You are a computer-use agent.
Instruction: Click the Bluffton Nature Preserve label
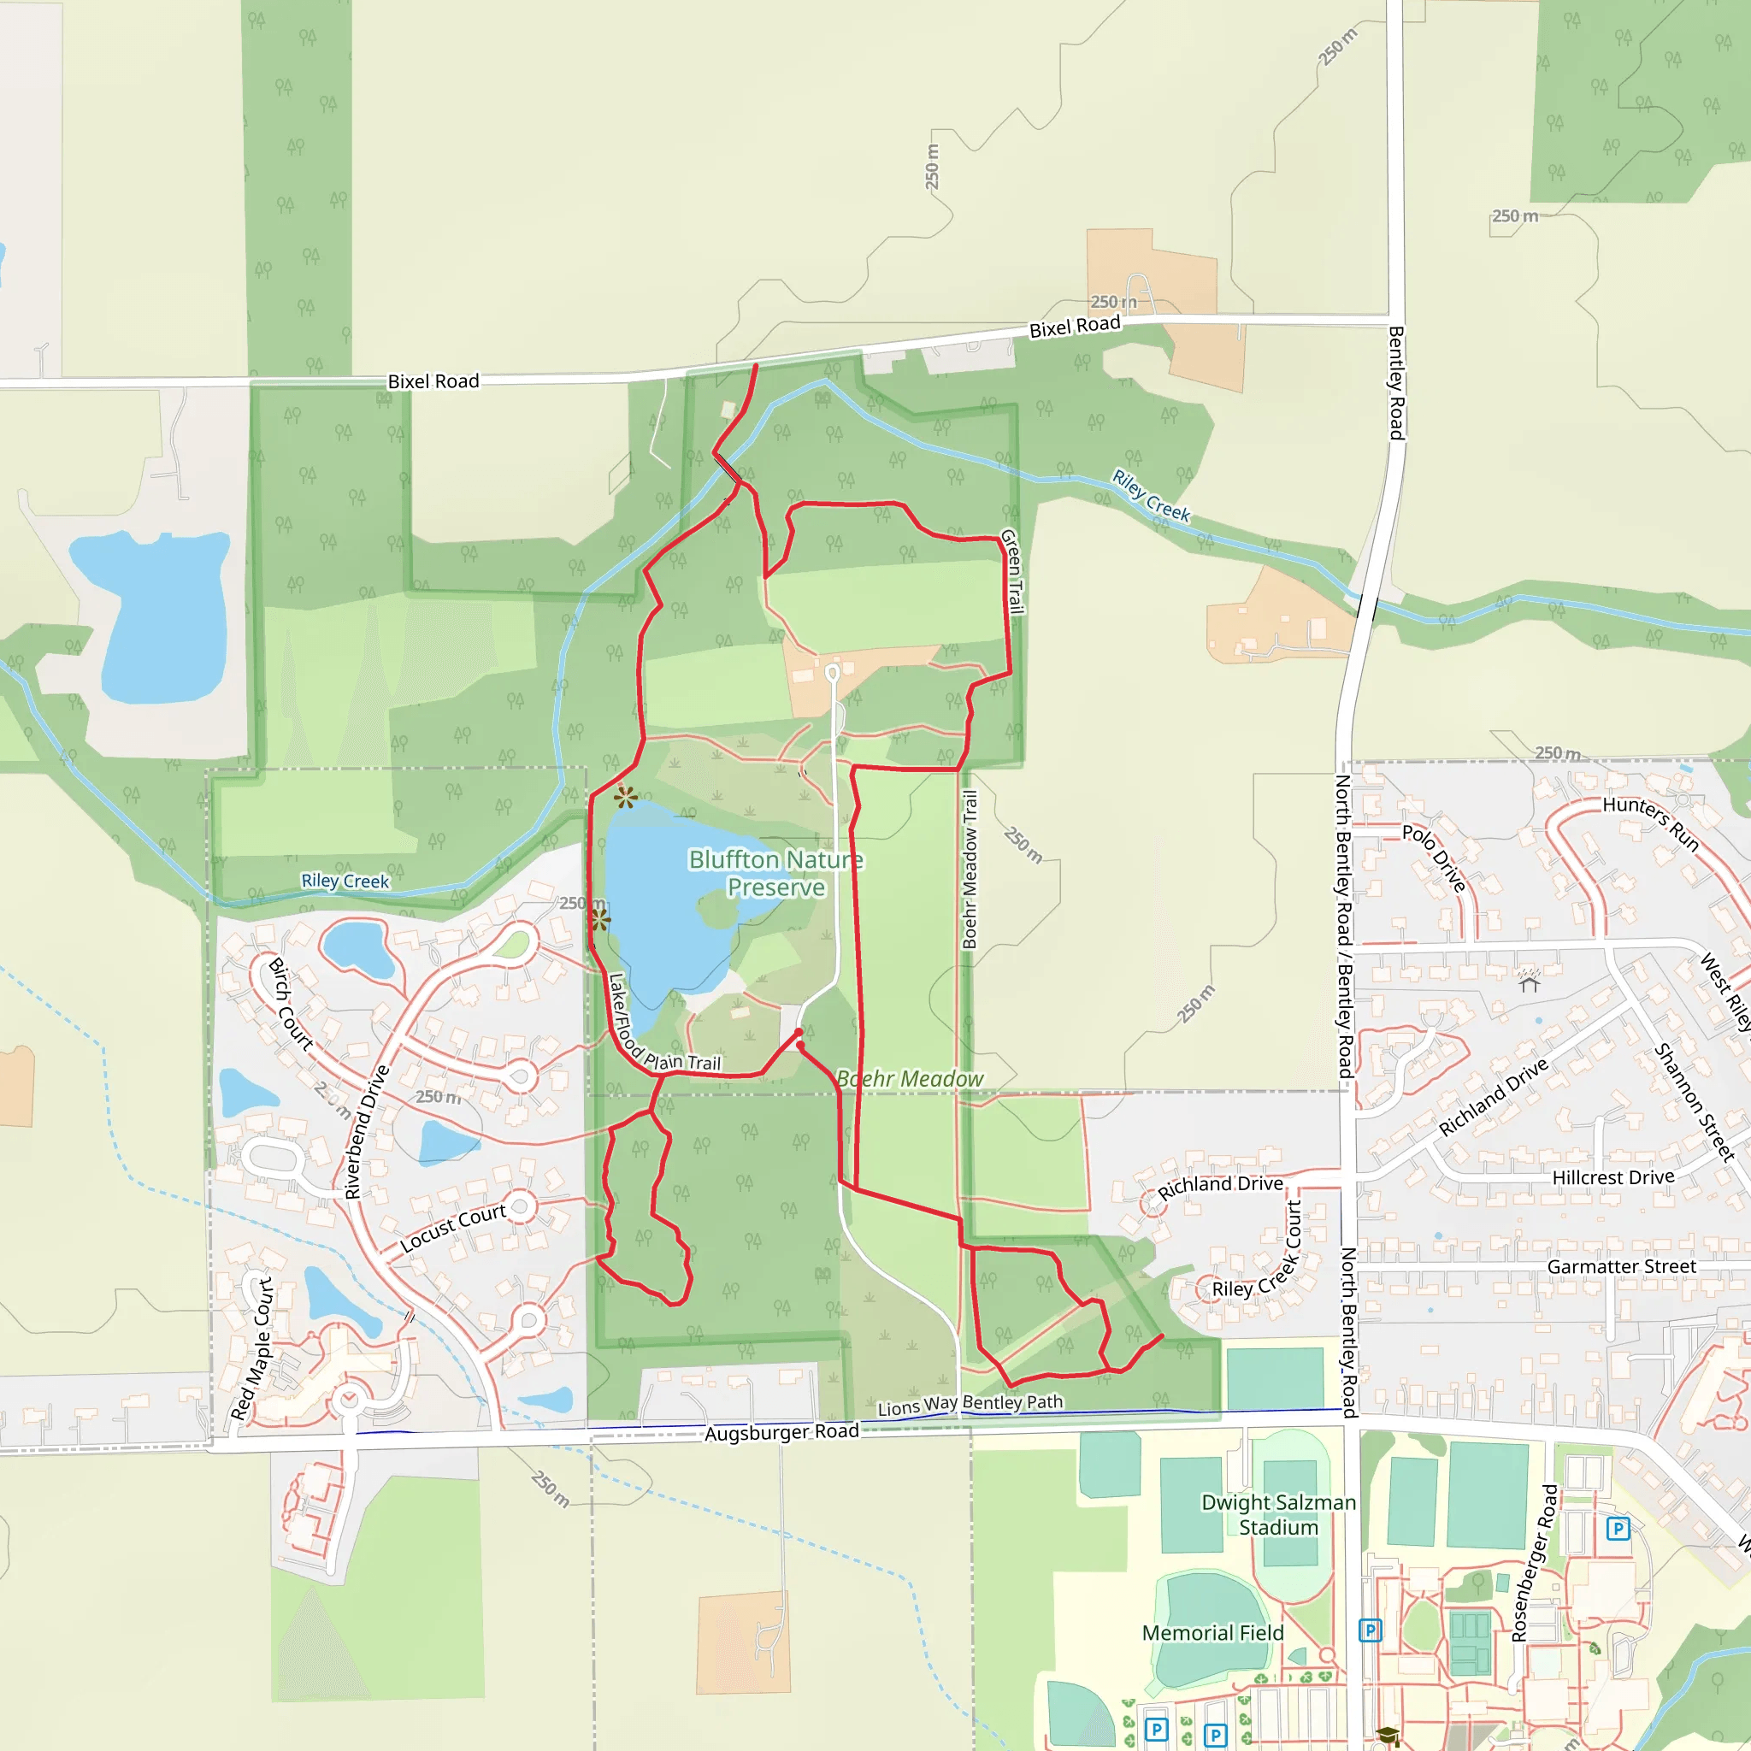pos(775,873)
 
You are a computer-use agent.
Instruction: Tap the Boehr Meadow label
pos(909,1078)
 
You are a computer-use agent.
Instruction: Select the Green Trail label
pos(1011,572)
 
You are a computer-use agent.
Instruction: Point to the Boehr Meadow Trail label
pos(970,870)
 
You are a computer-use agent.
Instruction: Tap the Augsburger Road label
pos(781,1432)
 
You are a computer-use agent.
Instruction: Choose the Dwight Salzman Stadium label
pos(1278,1514)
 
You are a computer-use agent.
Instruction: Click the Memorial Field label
pos(1212,1632)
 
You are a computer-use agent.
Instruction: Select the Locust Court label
pos(452,1228)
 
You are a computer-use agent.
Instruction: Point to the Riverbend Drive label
pos(366,1132)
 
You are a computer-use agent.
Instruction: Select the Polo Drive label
pos(1434,858)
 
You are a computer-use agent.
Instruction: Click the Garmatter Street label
pos(1620,1266)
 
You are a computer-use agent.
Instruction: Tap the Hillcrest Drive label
pos(1612,1177)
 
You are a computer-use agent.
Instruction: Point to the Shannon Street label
pos(1694,1102)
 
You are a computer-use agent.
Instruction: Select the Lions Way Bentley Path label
pos(969,1405)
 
